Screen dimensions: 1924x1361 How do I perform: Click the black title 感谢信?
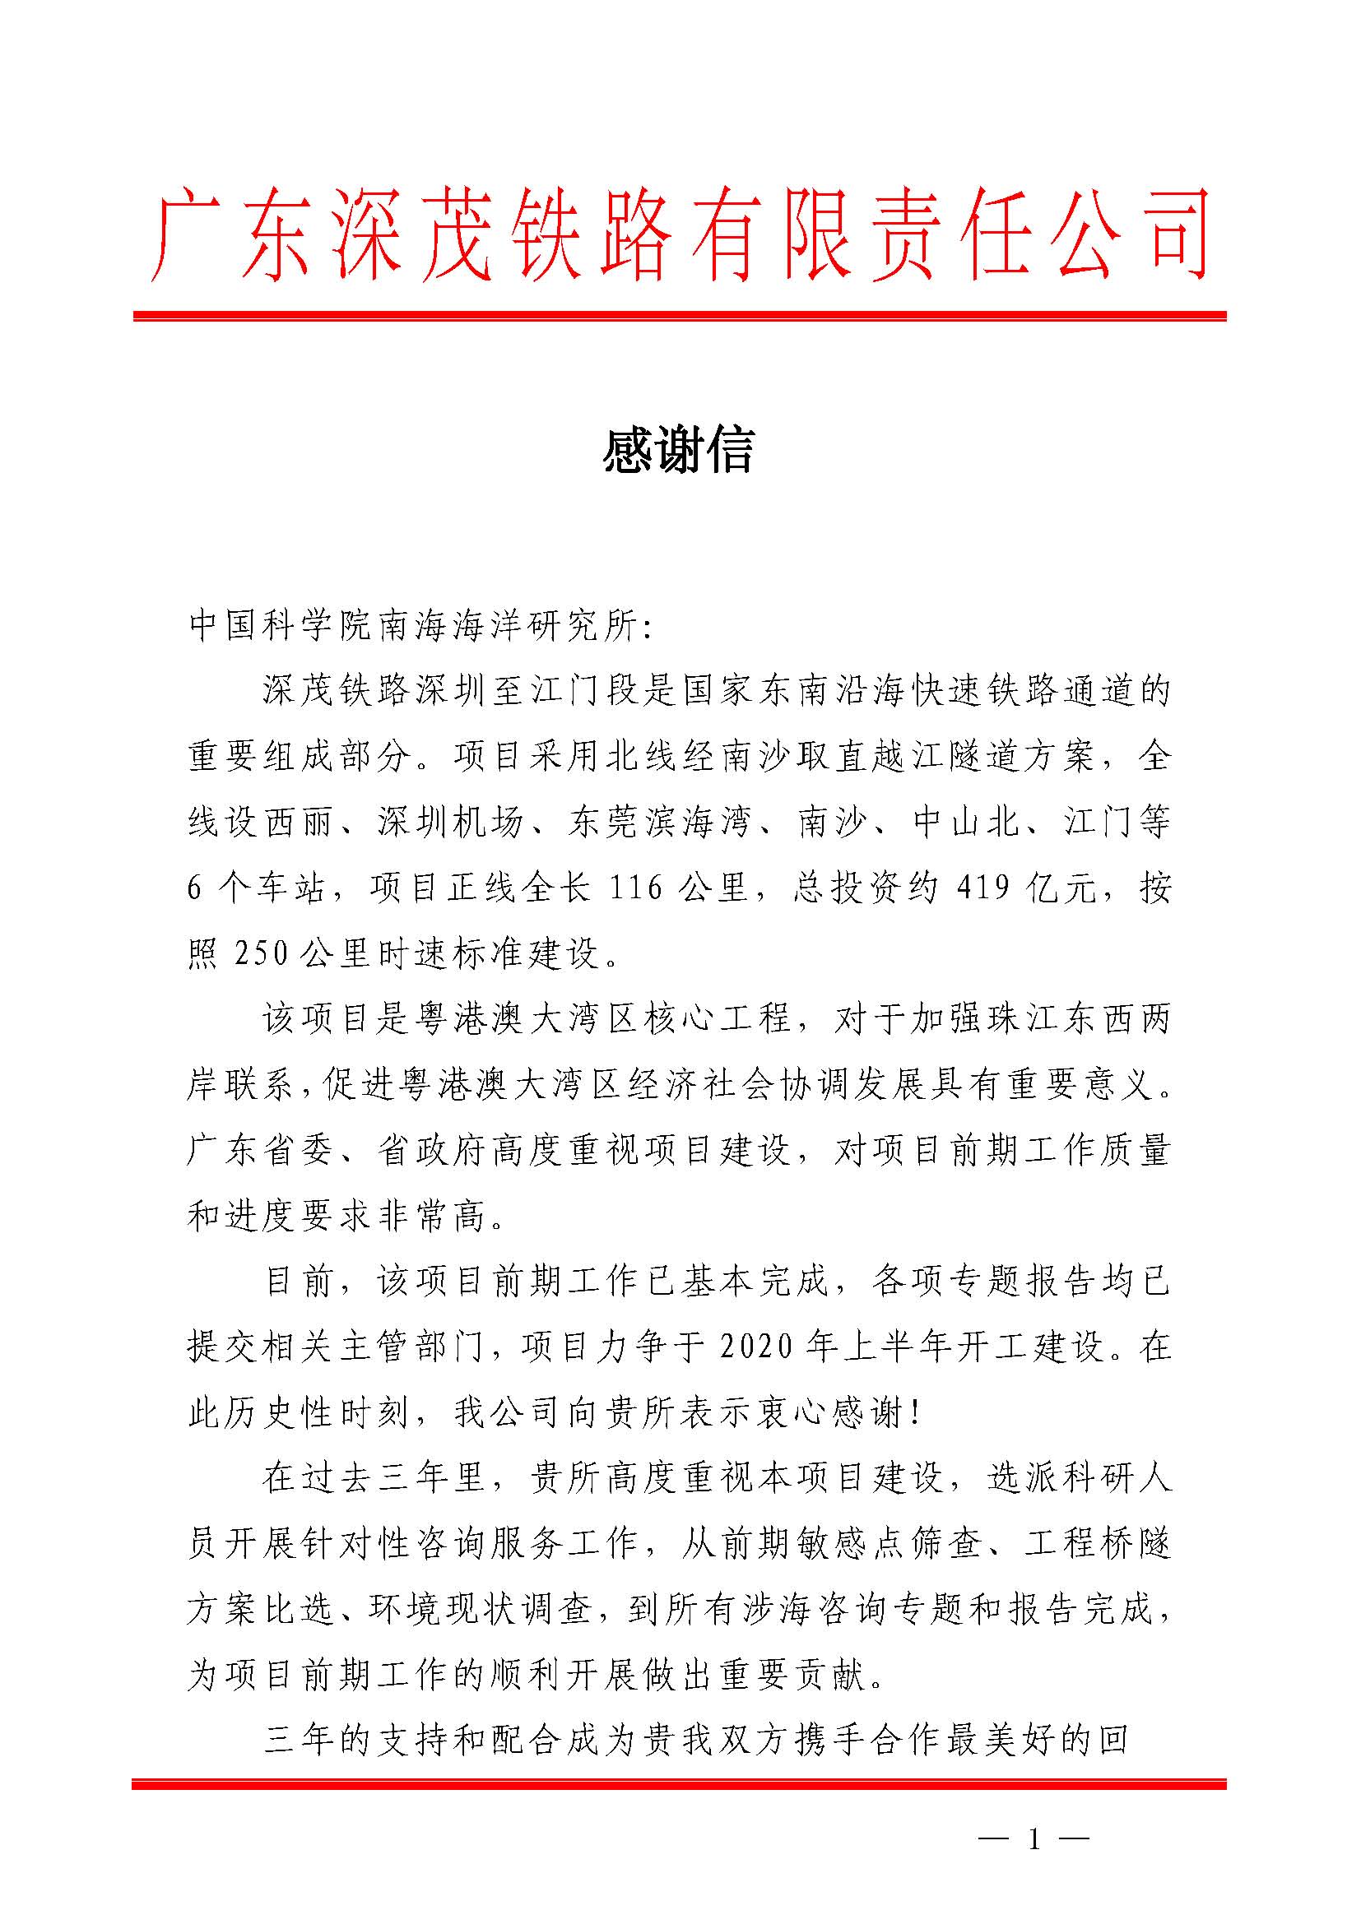click(679, 450)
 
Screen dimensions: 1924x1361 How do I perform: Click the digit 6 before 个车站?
click(194, 888)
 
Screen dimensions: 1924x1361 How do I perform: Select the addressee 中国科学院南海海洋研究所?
click(415, 626)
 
